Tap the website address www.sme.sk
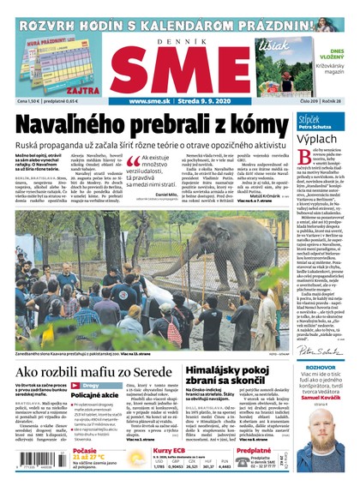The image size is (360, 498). click(154, 101)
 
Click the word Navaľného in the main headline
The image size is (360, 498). click(75, 122)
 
